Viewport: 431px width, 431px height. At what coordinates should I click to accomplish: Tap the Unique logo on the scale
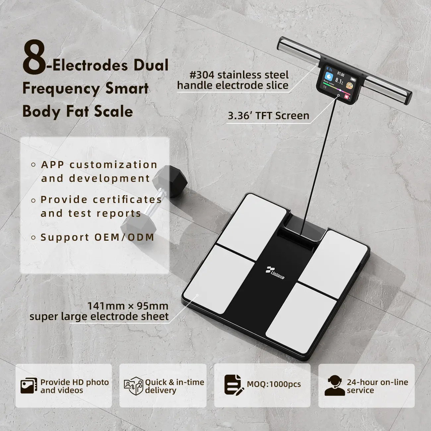click(x=275, y=273)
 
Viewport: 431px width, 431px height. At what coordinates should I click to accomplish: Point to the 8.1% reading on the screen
click(x=339, y=81)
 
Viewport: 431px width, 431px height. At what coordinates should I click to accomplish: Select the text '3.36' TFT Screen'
click(x=269, y=116)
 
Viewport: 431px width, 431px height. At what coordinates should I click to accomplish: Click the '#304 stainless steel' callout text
click(x=239, y=75)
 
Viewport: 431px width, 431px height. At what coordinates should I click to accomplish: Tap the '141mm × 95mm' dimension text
click(x=128, y=306)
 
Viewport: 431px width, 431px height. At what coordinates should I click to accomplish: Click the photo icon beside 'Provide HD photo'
click(x=29, y=386)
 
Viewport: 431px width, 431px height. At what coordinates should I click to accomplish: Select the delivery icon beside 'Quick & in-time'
click(x=134, y=386)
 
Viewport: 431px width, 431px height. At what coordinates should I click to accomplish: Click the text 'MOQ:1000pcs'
click(x=274, y=384)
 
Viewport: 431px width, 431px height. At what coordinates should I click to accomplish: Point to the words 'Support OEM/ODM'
click(x=97, y=237)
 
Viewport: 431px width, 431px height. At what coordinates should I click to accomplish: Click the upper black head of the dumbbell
click(x=170, y=181)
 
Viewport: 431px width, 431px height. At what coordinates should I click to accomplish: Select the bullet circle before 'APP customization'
click(x=33, y=165)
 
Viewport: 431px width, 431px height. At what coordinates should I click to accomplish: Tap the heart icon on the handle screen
click(x=347, y=97)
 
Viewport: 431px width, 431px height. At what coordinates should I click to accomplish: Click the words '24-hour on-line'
click(x=378, y=382)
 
